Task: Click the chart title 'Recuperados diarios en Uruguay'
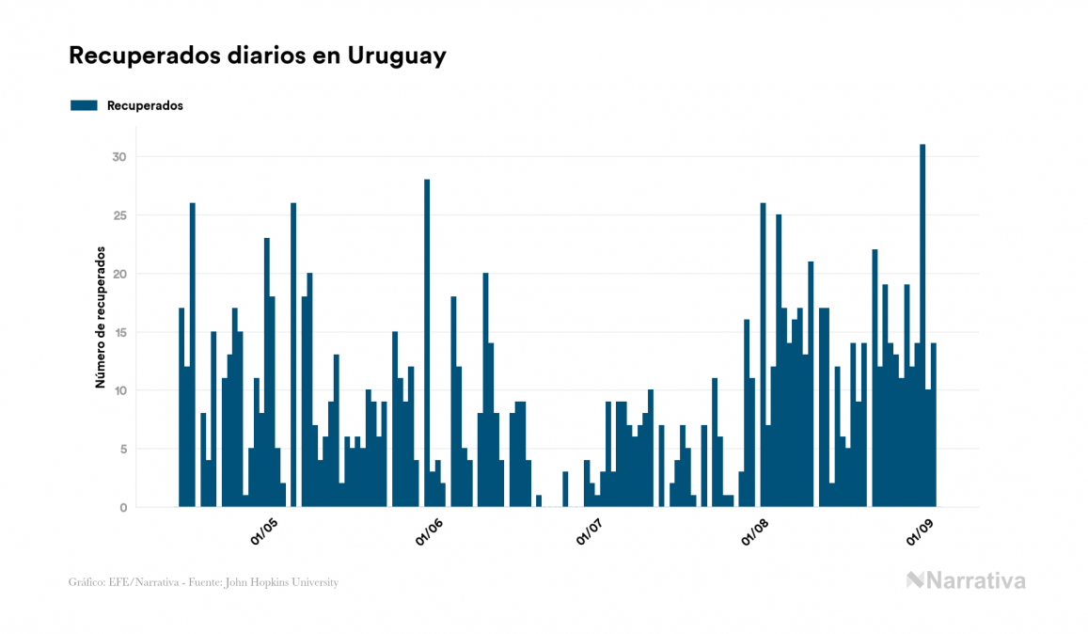pos(257,55)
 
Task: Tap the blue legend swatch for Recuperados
pos(84,105)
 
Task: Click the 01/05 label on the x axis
pos(264,532)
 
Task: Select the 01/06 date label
pos(429,532)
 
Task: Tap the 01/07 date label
pos(592,532)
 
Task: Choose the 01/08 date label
pos(757,532)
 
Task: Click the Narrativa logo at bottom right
pos(966,580)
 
